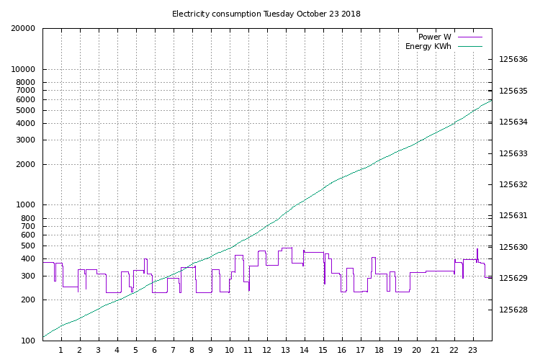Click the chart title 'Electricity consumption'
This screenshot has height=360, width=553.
[216, 14]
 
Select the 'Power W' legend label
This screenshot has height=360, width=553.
[434, 37]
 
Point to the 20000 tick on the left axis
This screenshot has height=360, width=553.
[24, 29]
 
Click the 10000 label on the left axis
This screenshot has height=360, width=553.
[24, 70]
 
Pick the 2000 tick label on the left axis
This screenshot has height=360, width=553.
[26, 165]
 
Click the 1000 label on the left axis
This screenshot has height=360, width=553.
[26, 205]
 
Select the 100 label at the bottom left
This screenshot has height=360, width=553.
[28, 341]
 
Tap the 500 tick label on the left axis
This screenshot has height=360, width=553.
[28, 246]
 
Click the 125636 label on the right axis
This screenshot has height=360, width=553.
[513, 60]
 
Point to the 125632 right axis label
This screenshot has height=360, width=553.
[513, 185]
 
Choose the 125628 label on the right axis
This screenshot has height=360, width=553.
[513, 310]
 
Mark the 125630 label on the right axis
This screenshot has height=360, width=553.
[513, 248]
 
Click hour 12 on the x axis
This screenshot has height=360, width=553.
[266, 350]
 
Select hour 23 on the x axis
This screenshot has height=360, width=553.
[472, 350]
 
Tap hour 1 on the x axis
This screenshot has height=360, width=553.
[61, 350]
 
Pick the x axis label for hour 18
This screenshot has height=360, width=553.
[379, 350]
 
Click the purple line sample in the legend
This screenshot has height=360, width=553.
[469, 37]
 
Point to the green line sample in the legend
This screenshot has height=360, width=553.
[469, 47]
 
